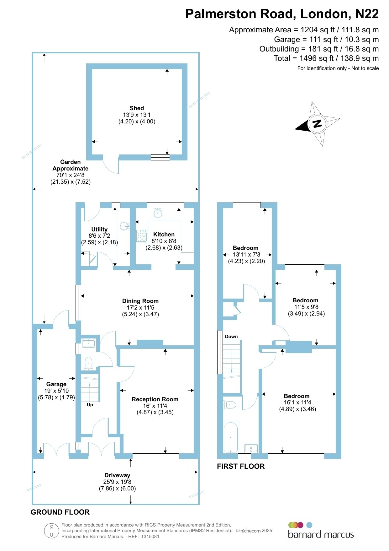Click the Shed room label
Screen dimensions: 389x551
tap(137, 108)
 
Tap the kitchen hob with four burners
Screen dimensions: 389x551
tap(142, 236)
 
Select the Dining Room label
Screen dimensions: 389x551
tap(140, 301)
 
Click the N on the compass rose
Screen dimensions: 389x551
tap(318, 123)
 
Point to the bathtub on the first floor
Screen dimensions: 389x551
tap(231, 437)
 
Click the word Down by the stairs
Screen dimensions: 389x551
tap(231, 337)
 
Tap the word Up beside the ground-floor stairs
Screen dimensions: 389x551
tap(90, 405)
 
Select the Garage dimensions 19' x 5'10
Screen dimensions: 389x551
tap(56, 391)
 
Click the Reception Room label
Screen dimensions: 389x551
tap(155, 399)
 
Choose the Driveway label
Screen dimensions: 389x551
tap(117, 475)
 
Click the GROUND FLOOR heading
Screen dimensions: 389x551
tap(60, 512)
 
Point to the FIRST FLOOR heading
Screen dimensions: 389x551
tap(241, 466)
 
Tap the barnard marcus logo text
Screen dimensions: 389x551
tap(321, 534)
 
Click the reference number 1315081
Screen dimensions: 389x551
tap(150, 537)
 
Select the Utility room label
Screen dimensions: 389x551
tap(99, 230)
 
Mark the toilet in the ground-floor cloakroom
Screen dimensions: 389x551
tap(89, 363)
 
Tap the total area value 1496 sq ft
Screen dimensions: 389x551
tap(317, 58)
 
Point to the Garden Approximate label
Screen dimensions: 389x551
tap(71, 165)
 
